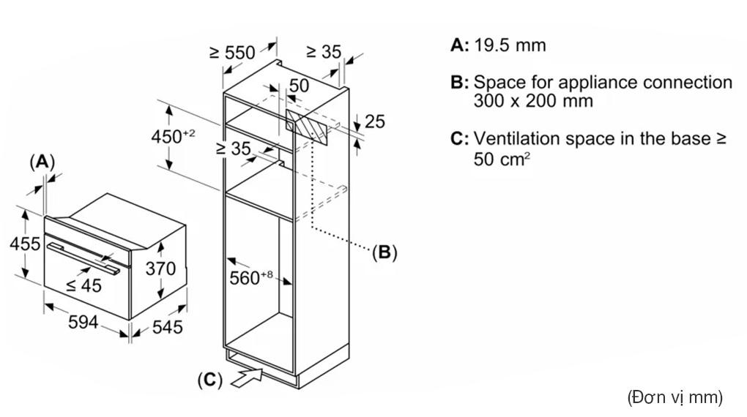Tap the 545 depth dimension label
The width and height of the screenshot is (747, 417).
(166, 327)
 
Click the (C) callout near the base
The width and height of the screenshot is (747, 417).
(209, 380)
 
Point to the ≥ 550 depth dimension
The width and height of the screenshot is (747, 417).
(232, 53)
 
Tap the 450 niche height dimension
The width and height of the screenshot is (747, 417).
(173, 136)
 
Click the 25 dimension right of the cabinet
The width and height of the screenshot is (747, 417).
(374, 121)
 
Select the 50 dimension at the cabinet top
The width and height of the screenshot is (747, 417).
(298, 86)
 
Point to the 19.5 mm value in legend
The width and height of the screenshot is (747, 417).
(510, 45)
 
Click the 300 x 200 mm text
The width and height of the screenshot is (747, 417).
(533, 100)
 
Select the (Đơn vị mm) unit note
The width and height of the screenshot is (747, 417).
(674, 397)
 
